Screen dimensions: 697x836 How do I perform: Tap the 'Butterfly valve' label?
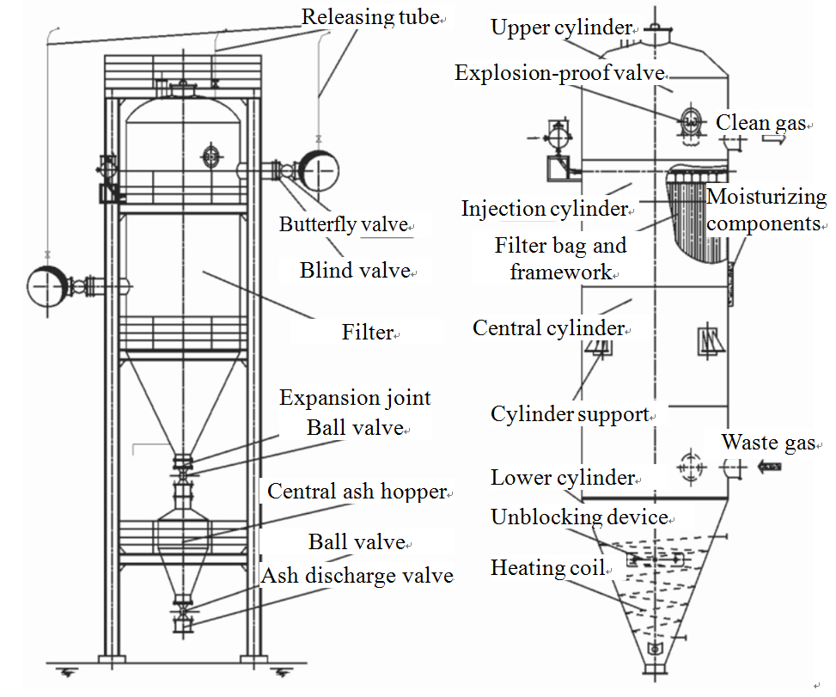tap(343, 225)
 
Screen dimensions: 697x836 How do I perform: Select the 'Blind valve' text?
tap(354, 271)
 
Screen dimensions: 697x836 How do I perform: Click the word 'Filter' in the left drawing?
tap(367, 332)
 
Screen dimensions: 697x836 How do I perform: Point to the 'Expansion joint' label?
tap(355, 399)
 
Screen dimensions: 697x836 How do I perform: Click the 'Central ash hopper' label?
tap(357, 492)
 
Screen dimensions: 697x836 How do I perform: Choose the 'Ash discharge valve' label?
tap(357, 575)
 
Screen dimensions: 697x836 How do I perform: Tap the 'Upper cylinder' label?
tap(560, 28)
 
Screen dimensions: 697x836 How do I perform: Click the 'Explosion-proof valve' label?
tap(559, 73)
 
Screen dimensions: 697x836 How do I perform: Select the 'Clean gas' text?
tap(760, 123)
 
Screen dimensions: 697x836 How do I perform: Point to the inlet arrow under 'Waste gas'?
tap(769, 468)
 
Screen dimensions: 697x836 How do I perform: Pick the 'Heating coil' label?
tap(547, 568)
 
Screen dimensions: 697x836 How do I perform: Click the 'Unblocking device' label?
tap(579, 517)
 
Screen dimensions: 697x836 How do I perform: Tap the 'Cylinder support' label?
tap(569, 414)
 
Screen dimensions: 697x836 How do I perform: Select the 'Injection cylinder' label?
tap(544, 209)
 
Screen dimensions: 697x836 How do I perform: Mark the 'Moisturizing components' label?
tap(766, 211)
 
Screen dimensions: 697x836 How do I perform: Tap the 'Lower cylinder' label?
tap(562, 478)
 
